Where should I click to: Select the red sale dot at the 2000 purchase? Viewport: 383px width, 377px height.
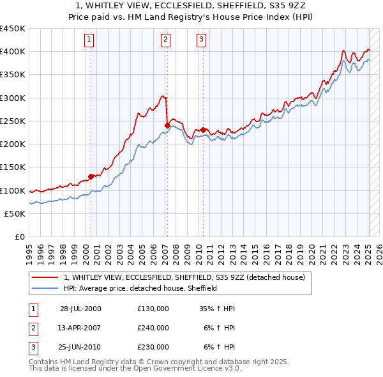(91, 176)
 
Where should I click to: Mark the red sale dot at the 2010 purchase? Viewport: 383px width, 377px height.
(204, 130)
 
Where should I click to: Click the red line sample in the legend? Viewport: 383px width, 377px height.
(45, 277)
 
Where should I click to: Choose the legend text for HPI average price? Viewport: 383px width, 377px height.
(140, 288)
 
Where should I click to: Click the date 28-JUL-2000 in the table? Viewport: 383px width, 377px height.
(80, 309)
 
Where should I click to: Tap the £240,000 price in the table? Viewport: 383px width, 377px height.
(153, 328)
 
